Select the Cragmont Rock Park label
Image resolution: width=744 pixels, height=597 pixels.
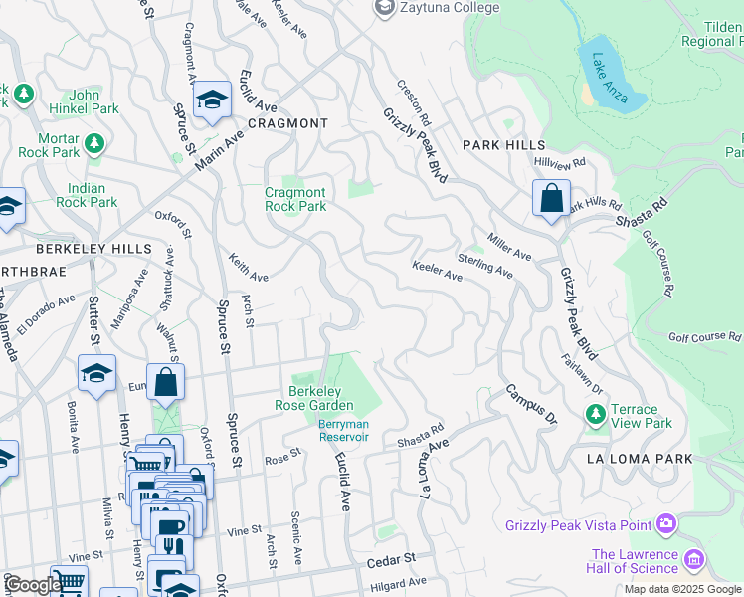295,199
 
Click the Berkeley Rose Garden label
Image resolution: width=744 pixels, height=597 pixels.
320,398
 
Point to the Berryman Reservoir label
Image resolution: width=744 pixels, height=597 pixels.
343,431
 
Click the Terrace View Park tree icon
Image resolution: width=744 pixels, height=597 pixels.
597,416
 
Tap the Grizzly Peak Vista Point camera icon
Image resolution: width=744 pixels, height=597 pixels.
666,523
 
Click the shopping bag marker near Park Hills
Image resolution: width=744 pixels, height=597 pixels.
550,198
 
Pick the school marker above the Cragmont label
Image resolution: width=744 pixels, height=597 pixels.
212,99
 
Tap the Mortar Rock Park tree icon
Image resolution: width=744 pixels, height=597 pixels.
95,143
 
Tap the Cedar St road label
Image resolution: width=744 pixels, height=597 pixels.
389,562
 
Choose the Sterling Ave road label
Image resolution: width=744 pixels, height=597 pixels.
484,268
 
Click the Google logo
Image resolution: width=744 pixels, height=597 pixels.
32,586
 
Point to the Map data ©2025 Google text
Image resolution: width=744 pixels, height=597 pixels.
681,589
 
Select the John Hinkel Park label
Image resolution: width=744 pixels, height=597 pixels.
70,101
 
